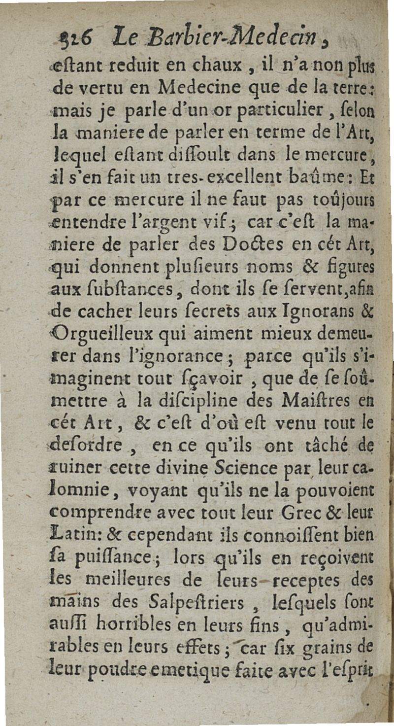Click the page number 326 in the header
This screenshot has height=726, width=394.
tap(72, 38)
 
